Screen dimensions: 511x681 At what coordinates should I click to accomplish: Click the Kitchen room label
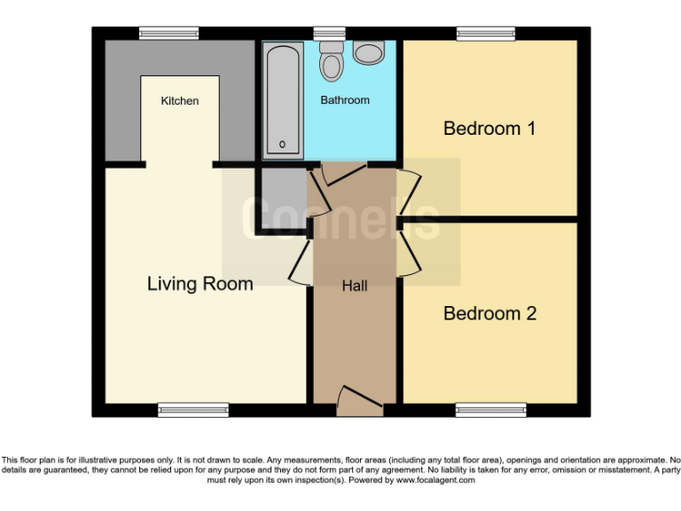pyautogui.click(x=179, y=101)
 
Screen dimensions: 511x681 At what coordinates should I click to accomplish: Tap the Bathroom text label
pyautogui.click(x=345, y=100)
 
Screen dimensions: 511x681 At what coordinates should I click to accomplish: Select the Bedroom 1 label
pyautogui.click(x=489, y=129)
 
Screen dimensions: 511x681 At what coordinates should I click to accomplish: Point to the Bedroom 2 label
pyautogui.click(x=489, y=313)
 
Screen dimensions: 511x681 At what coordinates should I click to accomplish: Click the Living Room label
pyautogui.click(x=200, y=284)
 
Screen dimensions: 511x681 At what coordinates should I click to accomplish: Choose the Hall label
pyautogui.click(x=355, y=286)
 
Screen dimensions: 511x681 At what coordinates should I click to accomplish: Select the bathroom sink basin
pyautogui.click(x=368, y=52)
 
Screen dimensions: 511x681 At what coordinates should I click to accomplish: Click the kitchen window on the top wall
pyautogui.click(x=168, y=34)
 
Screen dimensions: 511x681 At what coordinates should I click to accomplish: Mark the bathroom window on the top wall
pyautogui.click(x=330, y=34)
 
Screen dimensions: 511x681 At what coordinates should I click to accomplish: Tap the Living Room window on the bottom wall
pyautogui.click(x=192, y=409)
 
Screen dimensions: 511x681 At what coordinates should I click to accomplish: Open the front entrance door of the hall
pyautogui.click(x=359, y=401)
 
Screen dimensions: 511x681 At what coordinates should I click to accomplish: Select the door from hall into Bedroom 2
pyautogui.click(x=408, y=250)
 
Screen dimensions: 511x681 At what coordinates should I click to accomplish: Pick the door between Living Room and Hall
pyautogui.click(x=301, y=262)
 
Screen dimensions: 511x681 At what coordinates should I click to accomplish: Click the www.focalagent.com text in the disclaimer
pyautogui.click(x=434, y=480)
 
